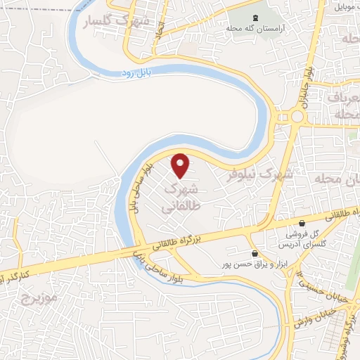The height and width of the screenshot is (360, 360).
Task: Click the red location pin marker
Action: tap(181, 165)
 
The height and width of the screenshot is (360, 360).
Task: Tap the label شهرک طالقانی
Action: tap(181, 198)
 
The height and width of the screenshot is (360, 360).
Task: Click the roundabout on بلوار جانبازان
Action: tap(300, 116)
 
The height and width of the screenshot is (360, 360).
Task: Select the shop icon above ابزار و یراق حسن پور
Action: tap(255, 253)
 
